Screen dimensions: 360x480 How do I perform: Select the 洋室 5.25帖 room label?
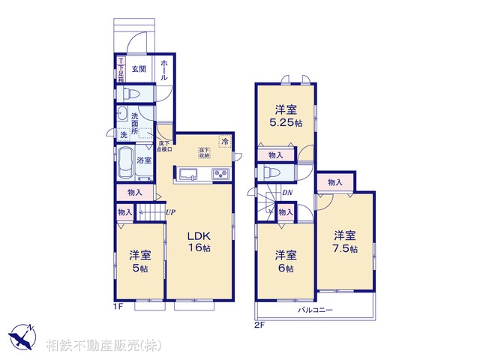(x=287, y=115)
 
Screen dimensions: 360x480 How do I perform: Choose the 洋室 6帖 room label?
(x=284, y=260)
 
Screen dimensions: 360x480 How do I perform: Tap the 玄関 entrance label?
(x=139, y=68)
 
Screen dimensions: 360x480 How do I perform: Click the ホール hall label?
(x=164, y=71)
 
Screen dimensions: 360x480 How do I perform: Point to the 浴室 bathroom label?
(x=144, y=160)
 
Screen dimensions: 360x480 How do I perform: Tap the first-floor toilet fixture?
(x=130, y=94)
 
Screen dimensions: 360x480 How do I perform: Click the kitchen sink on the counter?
(x=187, y=175)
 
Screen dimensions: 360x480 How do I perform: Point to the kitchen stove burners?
(x=221, y=175)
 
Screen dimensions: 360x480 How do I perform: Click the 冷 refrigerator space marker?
(x=224, y=141)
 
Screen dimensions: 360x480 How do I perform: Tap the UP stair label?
(x=170, y=212)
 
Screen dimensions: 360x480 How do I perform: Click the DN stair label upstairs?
(x=287, y=193)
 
